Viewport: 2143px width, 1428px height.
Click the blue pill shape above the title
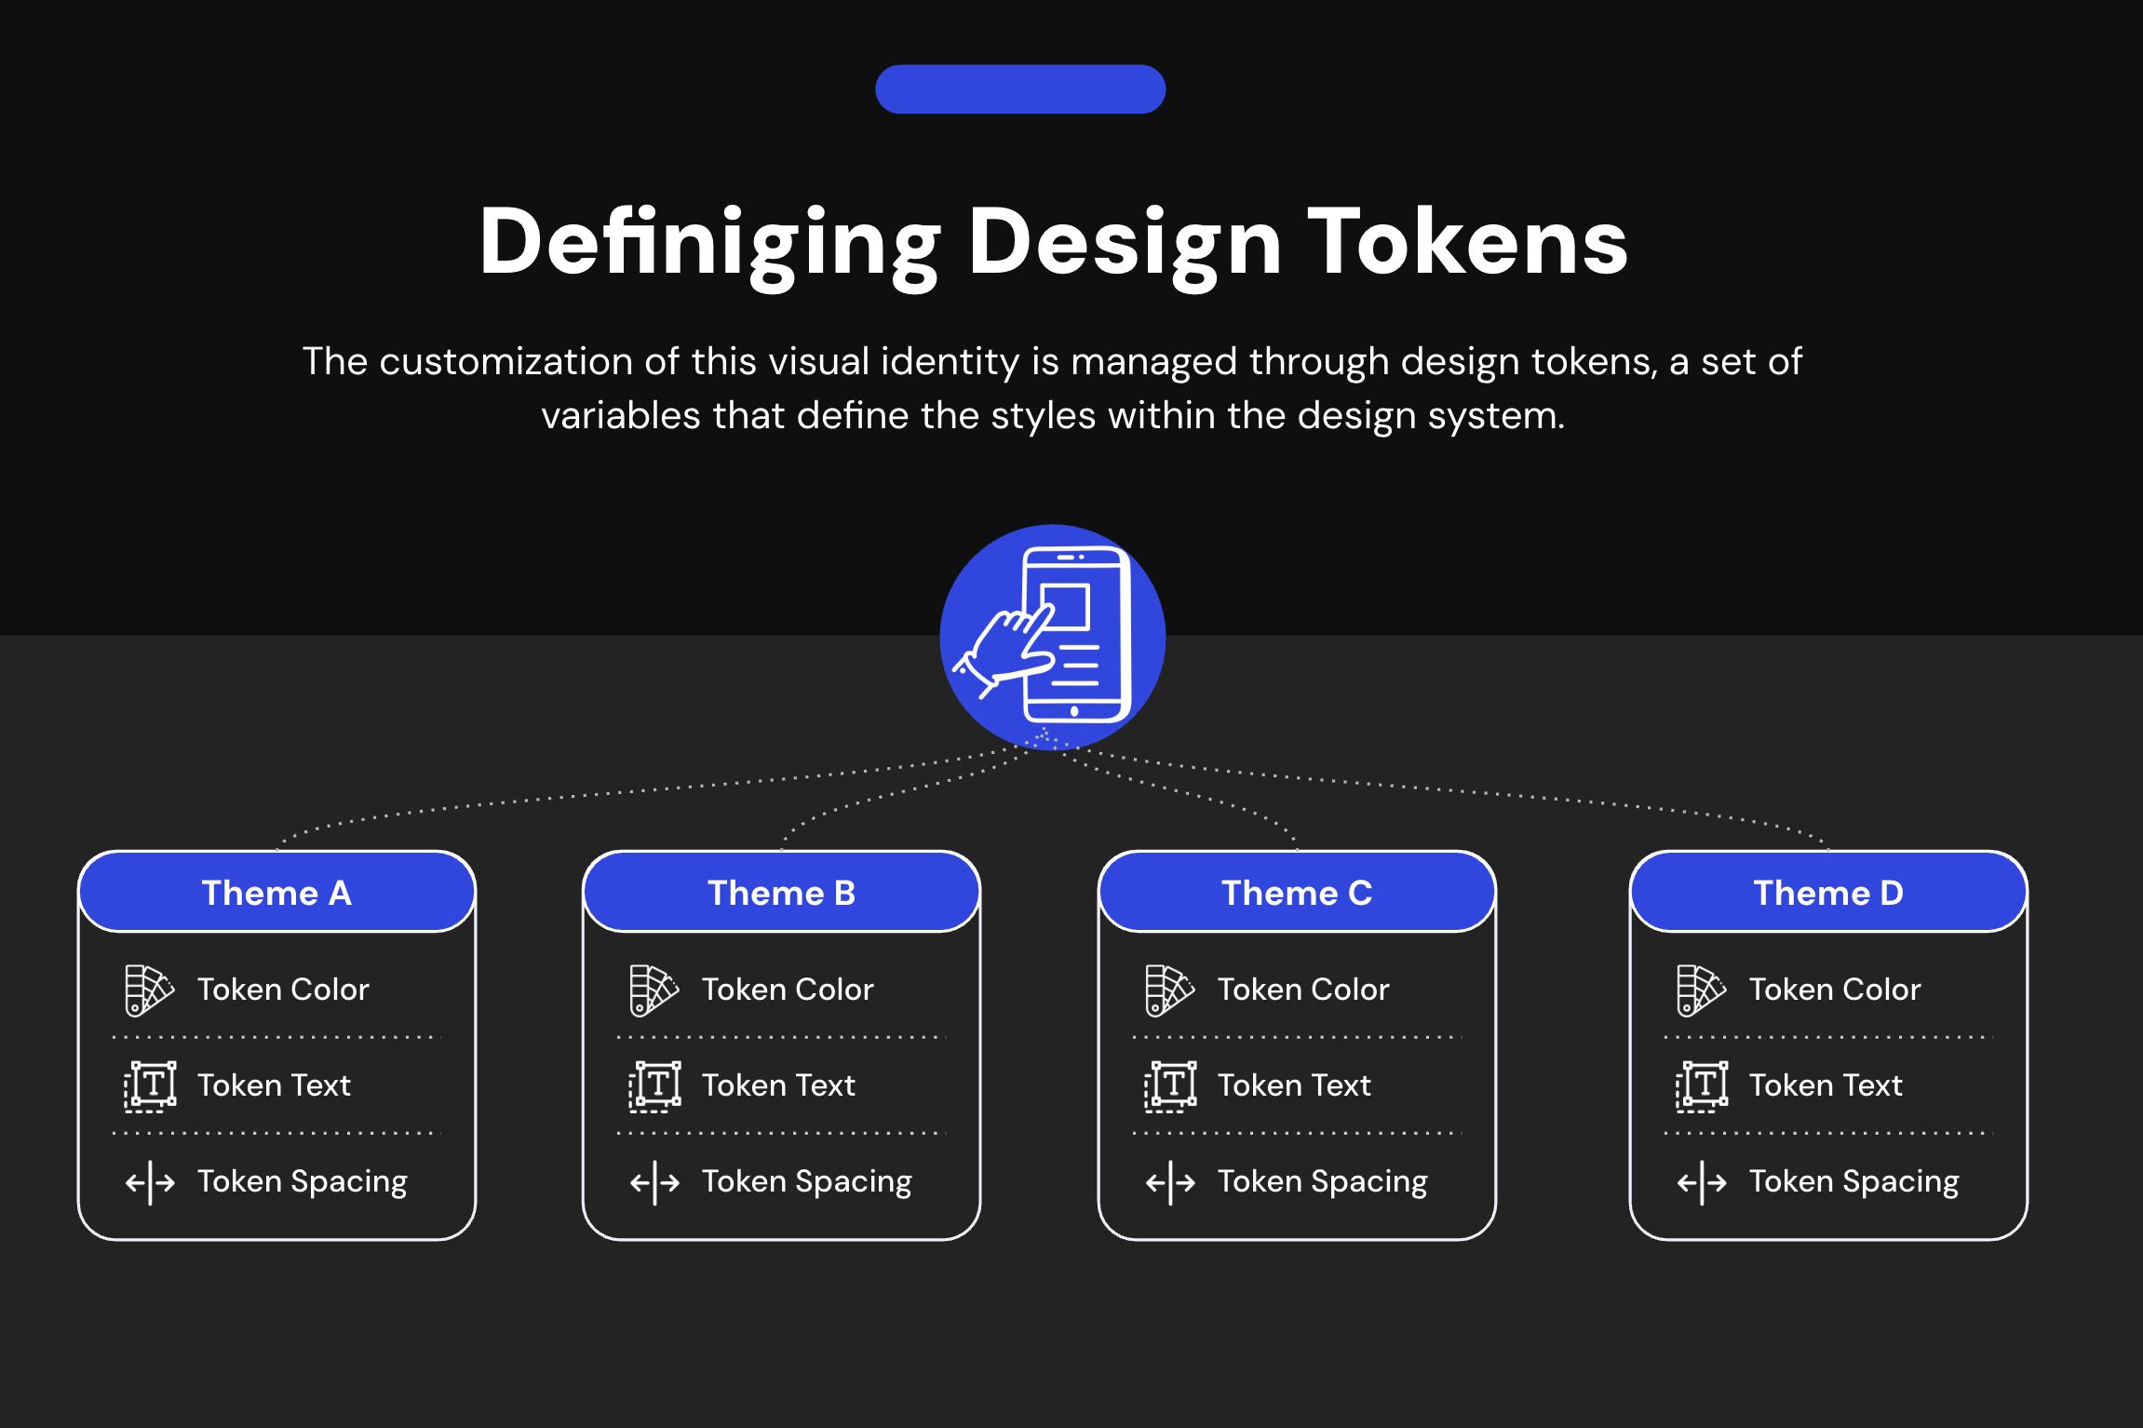[x=1020, y=89]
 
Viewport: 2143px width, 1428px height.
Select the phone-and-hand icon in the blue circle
[x=1053, y=637]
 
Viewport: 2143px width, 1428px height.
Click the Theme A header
[x=276, y=893]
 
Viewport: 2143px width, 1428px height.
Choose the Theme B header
[x=781, y=893]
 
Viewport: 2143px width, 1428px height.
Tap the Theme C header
[x=1297, y=893]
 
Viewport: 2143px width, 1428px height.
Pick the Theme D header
[x=1828, y=893]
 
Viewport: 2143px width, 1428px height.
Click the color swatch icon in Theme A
[x=149, y=990]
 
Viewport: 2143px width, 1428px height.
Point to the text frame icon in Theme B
[x=654, y=1086]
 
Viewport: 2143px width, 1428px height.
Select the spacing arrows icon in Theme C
[x=1170, y=1182]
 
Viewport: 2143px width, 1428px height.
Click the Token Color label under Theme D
[x=1834, y=990]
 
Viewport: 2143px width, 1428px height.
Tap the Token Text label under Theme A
[x=274, y=1085]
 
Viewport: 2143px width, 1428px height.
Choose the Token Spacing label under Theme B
[x=806, y=1181]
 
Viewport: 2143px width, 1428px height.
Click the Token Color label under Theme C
[x=1303, y=990]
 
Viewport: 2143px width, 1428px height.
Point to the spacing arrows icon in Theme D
[x=1702, y=1182]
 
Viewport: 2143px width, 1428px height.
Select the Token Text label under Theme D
[x=1826, y=1085]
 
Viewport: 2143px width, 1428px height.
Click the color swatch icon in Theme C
[x=1169, y=990]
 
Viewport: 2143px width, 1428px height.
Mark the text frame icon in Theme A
[x=150, y=1086]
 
